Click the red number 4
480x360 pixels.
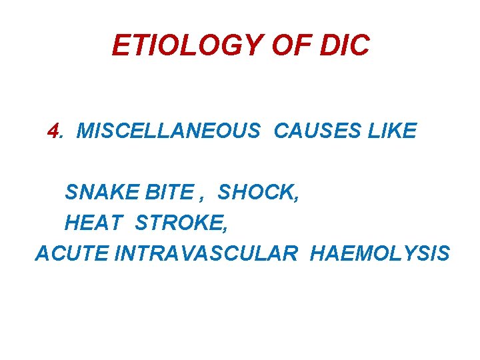tap(54, 131)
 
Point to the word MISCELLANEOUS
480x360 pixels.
tap(169, 131)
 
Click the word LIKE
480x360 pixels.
tap(392, 131)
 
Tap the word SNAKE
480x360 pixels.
tap(97, 192)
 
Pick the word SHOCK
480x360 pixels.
tap(255, 192)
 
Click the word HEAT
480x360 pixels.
tap(94, 223)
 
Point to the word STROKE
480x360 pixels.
tap(178, 223)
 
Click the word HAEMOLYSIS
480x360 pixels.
tap(380, 253)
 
